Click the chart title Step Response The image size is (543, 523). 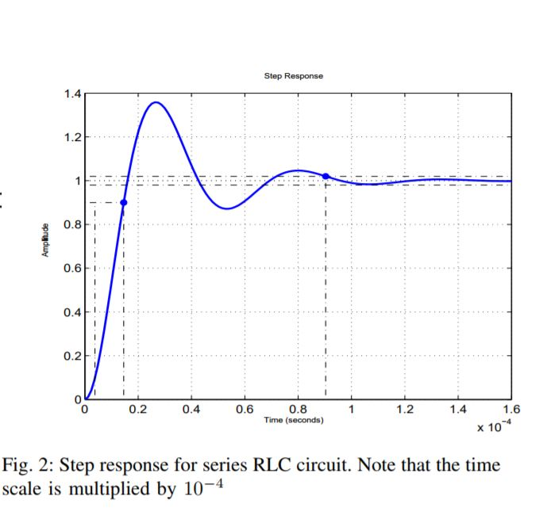(293, 76)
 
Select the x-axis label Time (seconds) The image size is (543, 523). (293, 420)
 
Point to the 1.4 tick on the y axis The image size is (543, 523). (71, 94)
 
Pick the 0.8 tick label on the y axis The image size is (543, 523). (71, 225)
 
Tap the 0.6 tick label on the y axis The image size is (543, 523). (71, 269)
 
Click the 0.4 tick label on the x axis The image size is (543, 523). (191, 410)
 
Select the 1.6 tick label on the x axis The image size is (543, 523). (511, 410)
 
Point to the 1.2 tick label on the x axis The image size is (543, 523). (404, 410)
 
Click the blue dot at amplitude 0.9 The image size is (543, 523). (123, 202)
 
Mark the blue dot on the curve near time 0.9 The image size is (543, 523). (325, 176)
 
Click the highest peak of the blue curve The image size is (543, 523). (156, 102)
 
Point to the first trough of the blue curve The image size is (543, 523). (227, 208)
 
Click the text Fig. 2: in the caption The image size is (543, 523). (28, 465)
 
